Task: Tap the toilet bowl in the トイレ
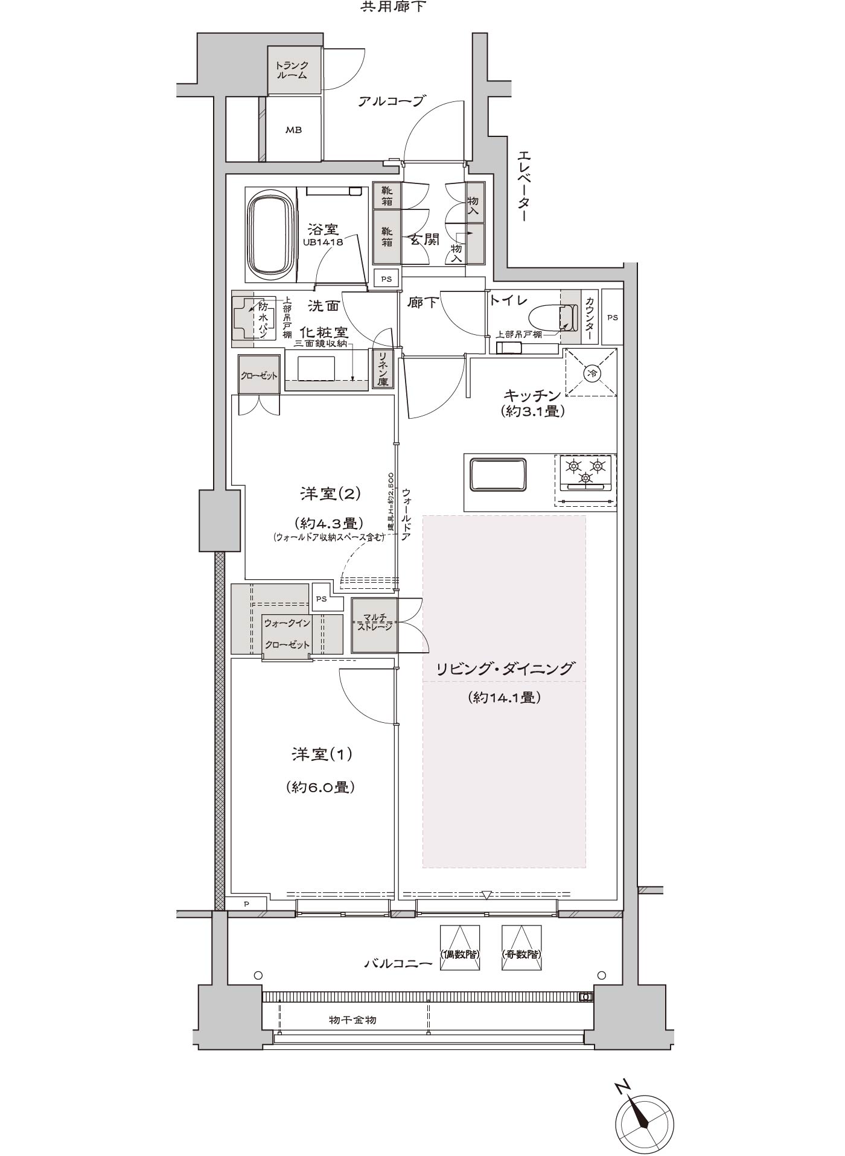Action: pos(548,317)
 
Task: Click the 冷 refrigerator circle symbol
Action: pos(592,373)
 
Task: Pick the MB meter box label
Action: pos(294,130)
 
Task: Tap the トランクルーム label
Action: pos(292,70)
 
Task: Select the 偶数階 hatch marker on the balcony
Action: pos(460,954)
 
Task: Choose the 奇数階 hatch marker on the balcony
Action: pos(521,954)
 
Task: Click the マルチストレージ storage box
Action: pos(374,625)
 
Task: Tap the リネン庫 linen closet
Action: pos(383,368)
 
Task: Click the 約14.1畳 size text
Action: pos(503,697)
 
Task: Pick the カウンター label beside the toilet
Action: pos(589,319)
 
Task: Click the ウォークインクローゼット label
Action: pos(287,634)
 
